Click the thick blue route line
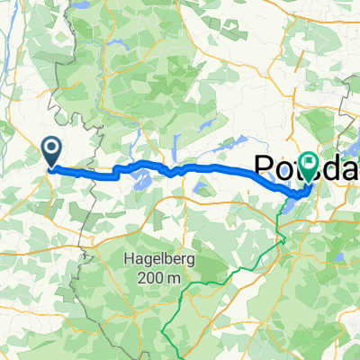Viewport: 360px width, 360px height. pos(216,167)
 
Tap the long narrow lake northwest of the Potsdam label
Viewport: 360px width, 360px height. pos(236,142)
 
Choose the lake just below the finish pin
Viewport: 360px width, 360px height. pos(290,208)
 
